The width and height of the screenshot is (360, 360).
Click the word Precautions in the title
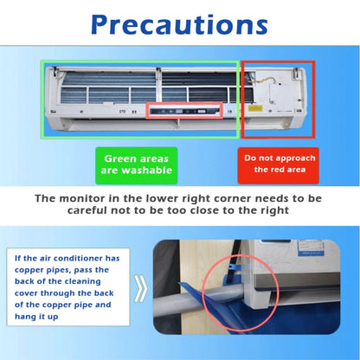(179, 27)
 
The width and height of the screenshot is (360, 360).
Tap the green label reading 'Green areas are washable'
(136, 164)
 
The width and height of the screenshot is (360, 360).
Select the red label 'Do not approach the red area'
(278, 164)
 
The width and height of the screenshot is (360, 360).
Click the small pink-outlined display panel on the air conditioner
(183, 111)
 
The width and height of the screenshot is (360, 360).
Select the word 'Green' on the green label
(119, 158)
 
